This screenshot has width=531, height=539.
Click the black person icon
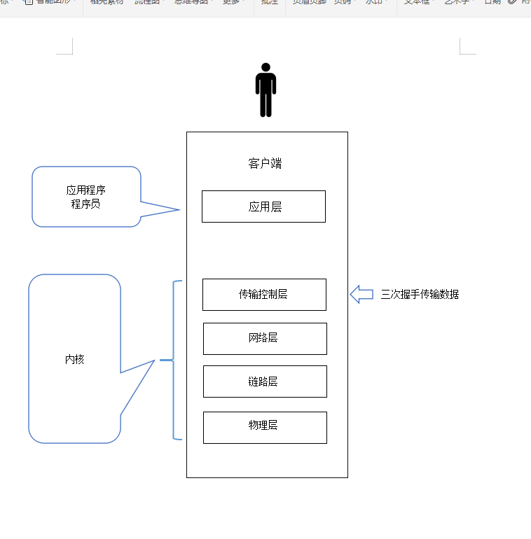pyautogui.click(x=265, y=91)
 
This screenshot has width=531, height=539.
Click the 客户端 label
pyautogui.click(x=265, y=164)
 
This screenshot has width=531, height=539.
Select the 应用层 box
pyautogui.click(x=263, y=206)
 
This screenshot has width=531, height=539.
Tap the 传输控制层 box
pyautogui.click(x=264, y=295)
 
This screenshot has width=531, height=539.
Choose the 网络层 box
pyautogui.click(x=265, y=338)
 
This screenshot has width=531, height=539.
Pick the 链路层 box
pyautogui.click(x=265, y=381)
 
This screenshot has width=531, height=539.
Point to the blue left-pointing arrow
pyautogui.click(x=361, y=295)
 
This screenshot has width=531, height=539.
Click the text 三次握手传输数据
pyautogui.click(x=420, y=295)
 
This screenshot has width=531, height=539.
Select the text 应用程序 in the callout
pyautogui.click(x=86, y=190)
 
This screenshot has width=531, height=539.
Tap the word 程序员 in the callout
pyautogui.click(x=86, y=204)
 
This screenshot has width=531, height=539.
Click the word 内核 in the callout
pyautogui.click(x=75, y=359)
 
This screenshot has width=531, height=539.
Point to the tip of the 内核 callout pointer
pyautogui.click(x=153, y=360)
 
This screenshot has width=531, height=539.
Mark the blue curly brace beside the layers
pyautogui.click(x=173, y=360)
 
